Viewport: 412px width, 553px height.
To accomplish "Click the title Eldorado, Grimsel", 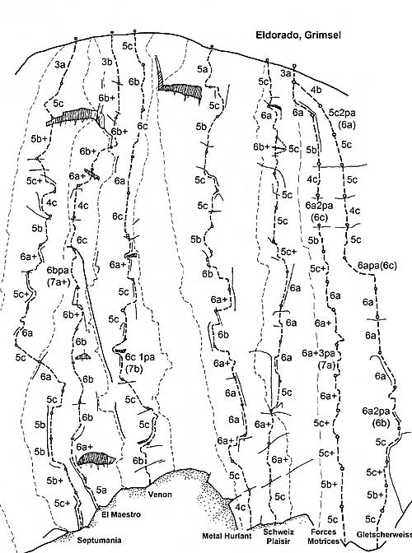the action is [298, 35].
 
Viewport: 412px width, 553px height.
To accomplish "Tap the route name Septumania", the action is [99, 540].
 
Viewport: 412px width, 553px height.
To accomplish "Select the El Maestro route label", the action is [121, 514].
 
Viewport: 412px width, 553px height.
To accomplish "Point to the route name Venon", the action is [160, 495].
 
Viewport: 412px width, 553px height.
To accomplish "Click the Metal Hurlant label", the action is [227, 536].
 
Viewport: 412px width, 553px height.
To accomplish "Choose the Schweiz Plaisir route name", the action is [279, 537].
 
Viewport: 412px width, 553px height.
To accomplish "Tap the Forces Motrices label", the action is [323, 537].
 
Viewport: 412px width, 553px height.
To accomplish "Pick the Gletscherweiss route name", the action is [384, 535].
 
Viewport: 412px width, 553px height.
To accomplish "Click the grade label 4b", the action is [316, 90].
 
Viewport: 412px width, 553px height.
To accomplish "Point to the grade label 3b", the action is [107, 62].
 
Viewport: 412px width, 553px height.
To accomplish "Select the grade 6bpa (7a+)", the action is [59, 276].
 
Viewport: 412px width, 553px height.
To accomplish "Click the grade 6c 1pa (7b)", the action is [140, 363].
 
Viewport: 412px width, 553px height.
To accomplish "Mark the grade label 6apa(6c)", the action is [377, 266].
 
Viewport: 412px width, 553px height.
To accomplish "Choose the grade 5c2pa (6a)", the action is [343, 118].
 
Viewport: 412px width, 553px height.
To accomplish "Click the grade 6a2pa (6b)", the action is [377, 416].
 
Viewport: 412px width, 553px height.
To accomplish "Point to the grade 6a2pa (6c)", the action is [320, 211].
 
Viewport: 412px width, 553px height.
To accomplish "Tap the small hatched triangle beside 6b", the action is [82, 356].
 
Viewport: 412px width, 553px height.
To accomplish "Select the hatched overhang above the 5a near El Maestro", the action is [97, 458].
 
